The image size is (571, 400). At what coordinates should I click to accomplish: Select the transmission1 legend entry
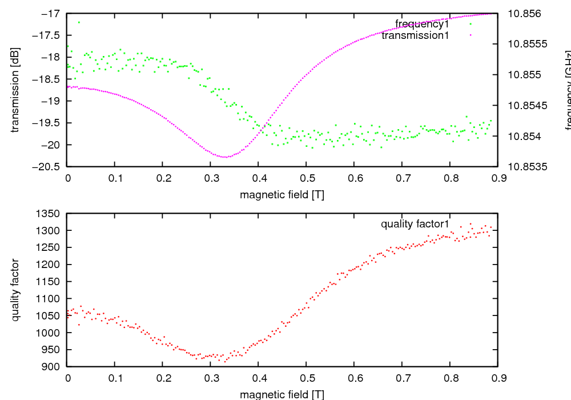tap(415, 35)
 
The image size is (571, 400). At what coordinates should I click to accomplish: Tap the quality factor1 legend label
tap(415, 224)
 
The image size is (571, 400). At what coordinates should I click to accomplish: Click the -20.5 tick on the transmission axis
tap(49, 167)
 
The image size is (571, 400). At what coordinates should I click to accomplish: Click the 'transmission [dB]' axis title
tap(15, 90)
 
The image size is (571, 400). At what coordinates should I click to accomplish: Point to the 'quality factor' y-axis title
tap(15, 290)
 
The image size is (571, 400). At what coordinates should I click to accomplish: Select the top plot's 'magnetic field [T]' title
tap(282, 194)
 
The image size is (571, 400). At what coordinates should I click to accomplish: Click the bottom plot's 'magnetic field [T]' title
tap(282, 394)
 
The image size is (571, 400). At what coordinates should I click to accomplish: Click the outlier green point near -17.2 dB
tap(79, 22)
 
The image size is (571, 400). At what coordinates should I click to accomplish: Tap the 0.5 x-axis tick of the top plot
tap(306, 178)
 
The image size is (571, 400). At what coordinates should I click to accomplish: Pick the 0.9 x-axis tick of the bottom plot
tap(497, 378)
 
